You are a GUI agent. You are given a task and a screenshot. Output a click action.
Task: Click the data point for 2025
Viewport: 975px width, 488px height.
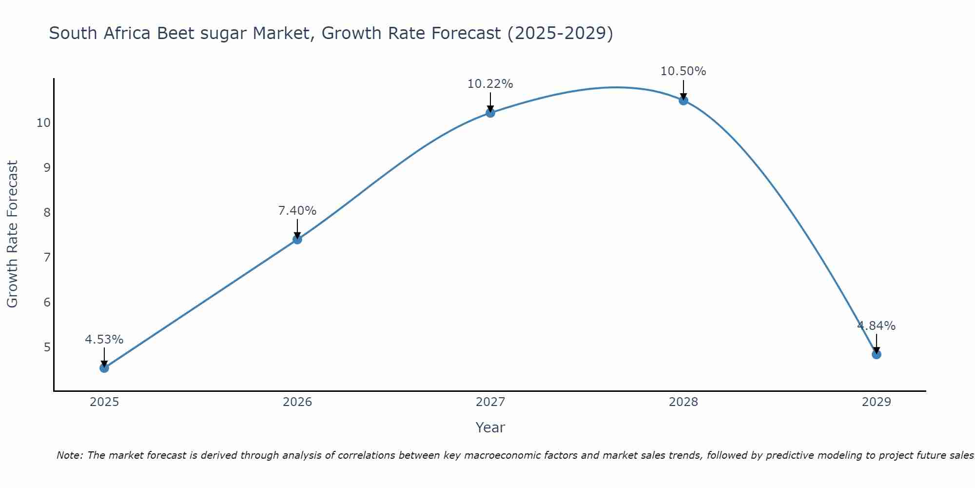(x=104, y=367)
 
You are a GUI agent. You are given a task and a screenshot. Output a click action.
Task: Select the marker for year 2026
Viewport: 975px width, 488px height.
(x=297, y=239)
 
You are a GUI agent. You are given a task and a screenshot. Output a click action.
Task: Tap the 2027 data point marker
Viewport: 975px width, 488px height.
(x=490, y=113)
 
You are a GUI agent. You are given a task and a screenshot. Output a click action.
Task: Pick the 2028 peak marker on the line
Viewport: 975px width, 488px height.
(x=683, y=101)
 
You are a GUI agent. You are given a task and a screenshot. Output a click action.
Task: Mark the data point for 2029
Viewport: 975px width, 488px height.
(x=877, y=354)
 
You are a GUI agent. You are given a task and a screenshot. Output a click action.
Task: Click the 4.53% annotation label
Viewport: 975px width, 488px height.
(x=104, y=340)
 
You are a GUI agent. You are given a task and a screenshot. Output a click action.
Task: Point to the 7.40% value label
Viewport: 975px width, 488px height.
(x=297, y=211)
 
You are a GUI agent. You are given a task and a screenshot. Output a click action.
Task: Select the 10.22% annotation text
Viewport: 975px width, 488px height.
(x=490, y=84)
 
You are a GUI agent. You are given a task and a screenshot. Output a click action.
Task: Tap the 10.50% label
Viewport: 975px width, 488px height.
(x=683, y=71)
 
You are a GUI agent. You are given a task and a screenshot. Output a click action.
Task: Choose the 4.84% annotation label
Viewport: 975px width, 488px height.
(x=877, y=326)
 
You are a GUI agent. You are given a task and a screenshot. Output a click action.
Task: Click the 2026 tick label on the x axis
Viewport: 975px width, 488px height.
(x=297, y=402)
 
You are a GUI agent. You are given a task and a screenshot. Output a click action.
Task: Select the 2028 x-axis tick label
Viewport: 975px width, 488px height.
(x=683, y=402)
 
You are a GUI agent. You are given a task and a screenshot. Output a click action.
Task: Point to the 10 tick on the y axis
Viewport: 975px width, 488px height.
(x=43, y=122)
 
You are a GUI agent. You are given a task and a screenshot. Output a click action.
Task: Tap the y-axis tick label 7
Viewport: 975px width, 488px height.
(x=47, y=257)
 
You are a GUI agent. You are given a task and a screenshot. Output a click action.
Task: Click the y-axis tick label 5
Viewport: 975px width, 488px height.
(x=47, y=347)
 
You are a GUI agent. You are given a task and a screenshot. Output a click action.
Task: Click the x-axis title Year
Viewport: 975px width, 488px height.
(x=490, y=427)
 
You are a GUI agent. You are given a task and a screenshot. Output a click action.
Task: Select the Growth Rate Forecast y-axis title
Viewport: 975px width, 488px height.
(x=13, y=234)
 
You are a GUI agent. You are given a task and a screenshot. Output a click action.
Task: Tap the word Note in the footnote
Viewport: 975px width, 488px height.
(x=70, y=455)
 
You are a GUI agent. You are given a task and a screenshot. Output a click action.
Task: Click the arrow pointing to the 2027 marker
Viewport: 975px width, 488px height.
(x=490, y=102)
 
